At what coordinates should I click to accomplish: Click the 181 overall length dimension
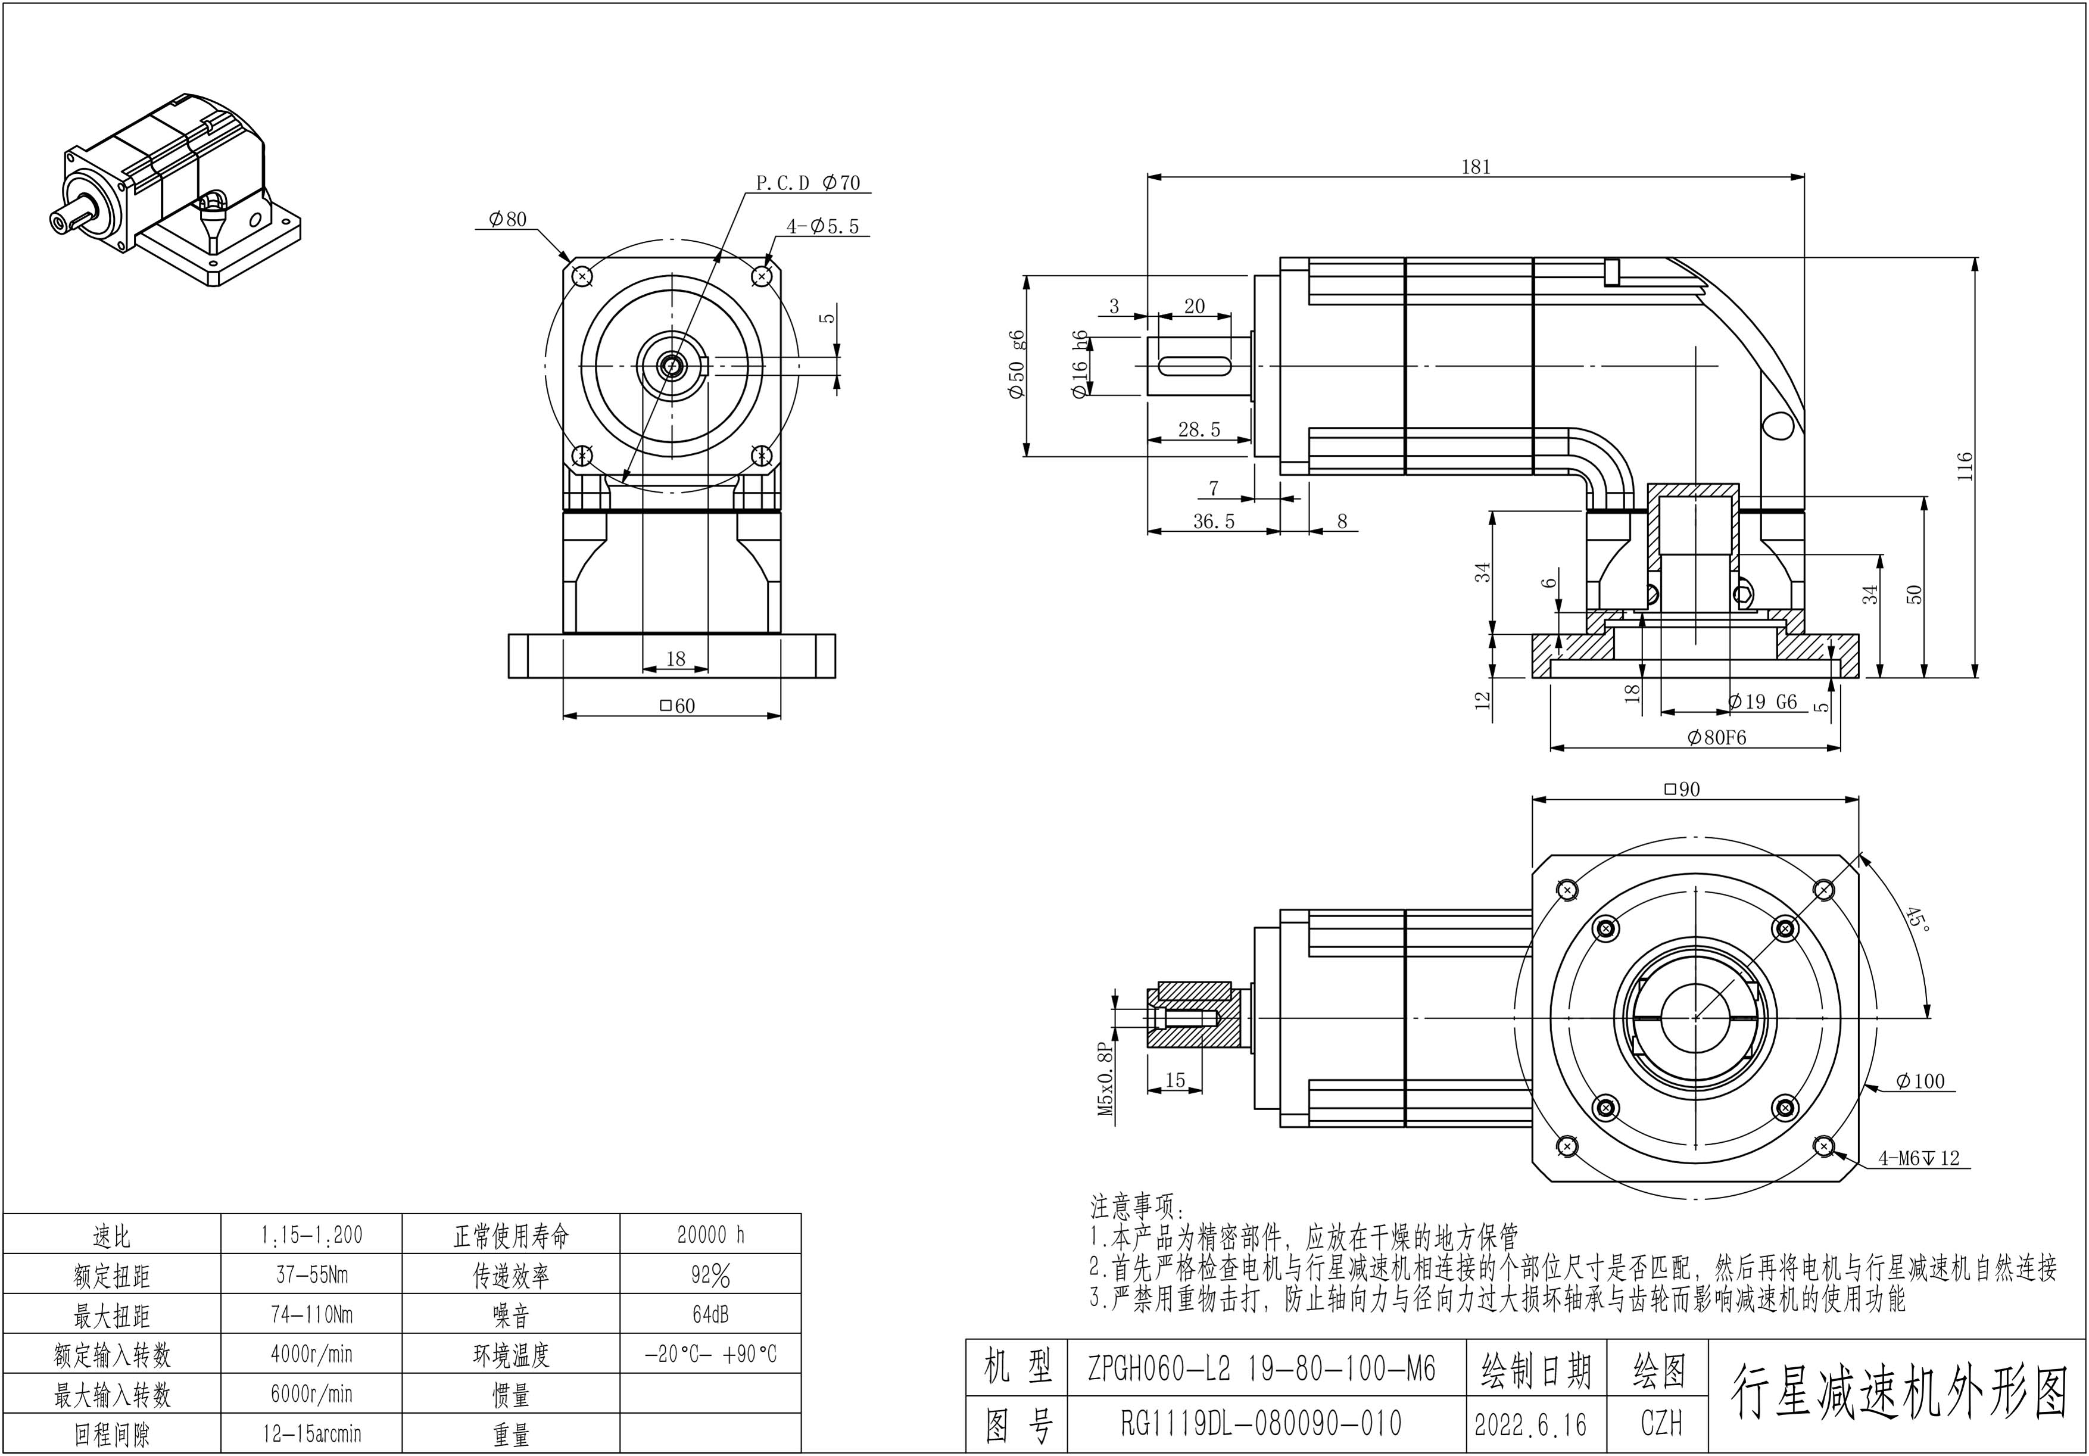(x=1476, y=167)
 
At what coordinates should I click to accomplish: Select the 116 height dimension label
(x=1965, y=466)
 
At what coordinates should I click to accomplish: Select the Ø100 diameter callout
(x=1920, y=1081)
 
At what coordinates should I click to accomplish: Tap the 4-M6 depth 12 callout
(x=1919, y=1158)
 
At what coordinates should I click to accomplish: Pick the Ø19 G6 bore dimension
(x=1762, y=702)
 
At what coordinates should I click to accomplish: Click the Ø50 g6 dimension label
(x=1017, y=364)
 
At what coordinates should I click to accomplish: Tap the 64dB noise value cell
(x=710, y=1314)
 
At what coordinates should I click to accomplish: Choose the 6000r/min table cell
(x=311, y=1394)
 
